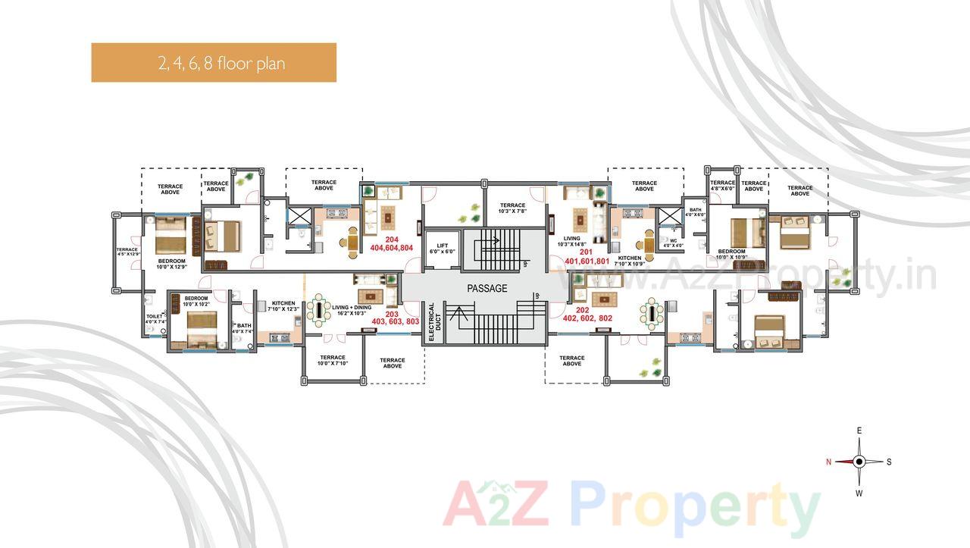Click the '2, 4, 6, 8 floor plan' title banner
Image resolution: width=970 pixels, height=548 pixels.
(214, 62)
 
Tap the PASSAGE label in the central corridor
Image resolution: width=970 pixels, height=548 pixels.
(487, 289)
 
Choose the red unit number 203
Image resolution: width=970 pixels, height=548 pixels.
(392, 313)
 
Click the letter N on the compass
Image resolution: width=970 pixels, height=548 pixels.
(829, 462)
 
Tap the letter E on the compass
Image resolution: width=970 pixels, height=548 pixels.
(859, 431)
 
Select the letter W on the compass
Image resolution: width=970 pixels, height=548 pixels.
(859, 493)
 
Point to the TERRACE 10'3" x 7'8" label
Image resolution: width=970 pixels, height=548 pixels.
(512, 208)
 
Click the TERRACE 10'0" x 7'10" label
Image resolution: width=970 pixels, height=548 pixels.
(333, 360)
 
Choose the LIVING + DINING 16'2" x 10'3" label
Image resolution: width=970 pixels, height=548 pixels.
(351, 310)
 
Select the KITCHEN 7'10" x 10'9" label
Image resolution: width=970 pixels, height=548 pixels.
(630, 261)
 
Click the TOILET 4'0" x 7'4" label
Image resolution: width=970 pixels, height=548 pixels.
(155, 318)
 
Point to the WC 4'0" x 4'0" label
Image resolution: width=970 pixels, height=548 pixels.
(673, 243)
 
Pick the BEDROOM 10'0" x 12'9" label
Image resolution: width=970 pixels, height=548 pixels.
(171, 263)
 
